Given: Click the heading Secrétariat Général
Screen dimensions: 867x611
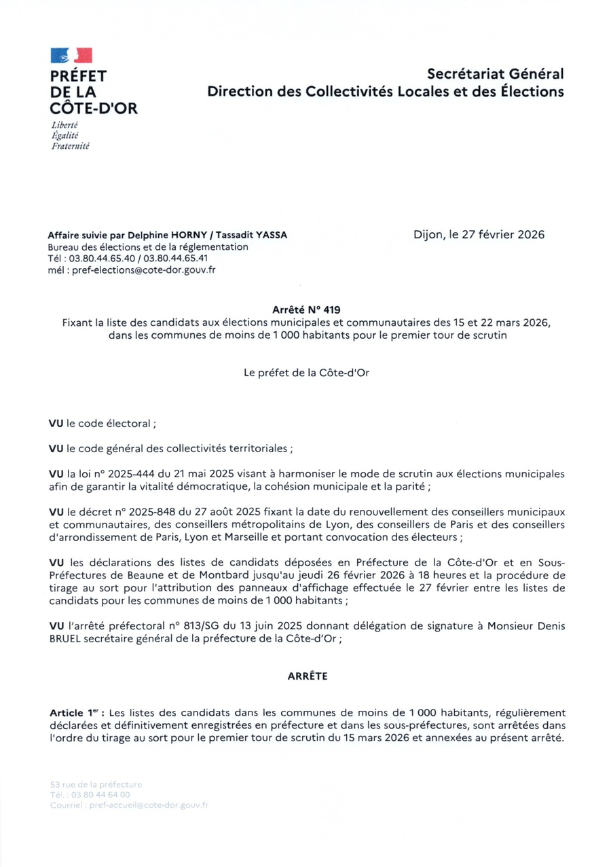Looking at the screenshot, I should click(496, 73).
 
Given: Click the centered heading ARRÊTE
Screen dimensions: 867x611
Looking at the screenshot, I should click(305, 676).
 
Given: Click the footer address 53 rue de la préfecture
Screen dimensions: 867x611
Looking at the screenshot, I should click(91, 783).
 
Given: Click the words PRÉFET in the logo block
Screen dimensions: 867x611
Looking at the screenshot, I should click(78, 76).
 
